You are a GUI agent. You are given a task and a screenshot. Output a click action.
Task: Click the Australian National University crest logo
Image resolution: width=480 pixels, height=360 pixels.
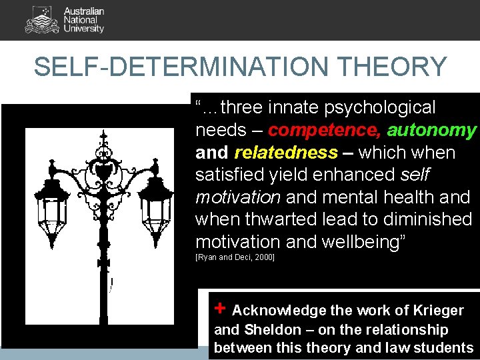pos(41,19)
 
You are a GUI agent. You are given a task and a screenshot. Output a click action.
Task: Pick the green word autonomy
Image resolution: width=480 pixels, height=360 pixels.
pos(431,130)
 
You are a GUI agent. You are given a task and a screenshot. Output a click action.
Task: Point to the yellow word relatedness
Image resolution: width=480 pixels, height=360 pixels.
pos(286,153)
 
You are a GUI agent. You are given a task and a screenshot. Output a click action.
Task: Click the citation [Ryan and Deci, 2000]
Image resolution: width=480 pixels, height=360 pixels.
pos(235,257)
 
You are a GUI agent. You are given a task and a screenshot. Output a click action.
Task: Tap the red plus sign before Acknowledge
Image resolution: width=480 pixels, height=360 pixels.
pos(221,308)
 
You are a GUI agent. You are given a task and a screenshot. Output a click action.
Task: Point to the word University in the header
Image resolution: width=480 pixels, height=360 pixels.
pos(84,29)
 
